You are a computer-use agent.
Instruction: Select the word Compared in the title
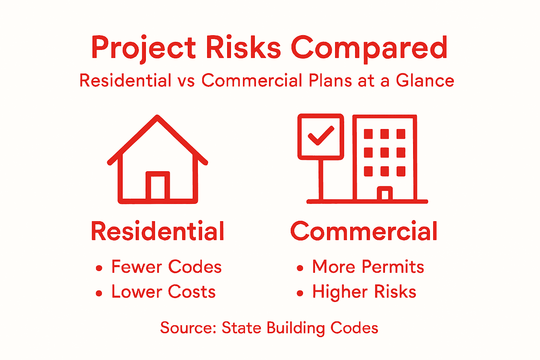point(369,48)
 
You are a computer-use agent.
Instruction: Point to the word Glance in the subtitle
point(425,81)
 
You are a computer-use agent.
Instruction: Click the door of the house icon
point(158,186)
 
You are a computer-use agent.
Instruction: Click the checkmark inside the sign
point(321,136)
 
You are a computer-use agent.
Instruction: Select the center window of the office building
point(385,153)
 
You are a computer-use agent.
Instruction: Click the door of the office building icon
point(385,194)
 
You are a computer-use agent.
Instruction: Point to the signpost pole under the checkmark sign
point(321,179)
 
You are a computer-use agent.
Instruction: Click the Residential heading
point(157,231)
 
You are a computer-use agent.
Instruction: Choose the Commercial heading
point(364,231)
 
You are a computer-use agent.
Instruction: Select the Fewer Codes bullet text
point(166,267)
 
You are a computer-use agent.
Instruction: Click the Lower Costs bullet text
point(163,292)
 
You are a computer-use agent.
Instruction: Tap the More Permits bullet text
point(368,267)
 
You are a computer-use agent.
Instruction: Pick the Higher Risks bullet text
point(364,292)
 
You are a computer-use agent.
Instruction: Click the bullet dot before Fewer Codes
point(99,268)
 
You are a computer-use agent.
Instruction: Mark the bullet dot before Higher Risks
point(300,293)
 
